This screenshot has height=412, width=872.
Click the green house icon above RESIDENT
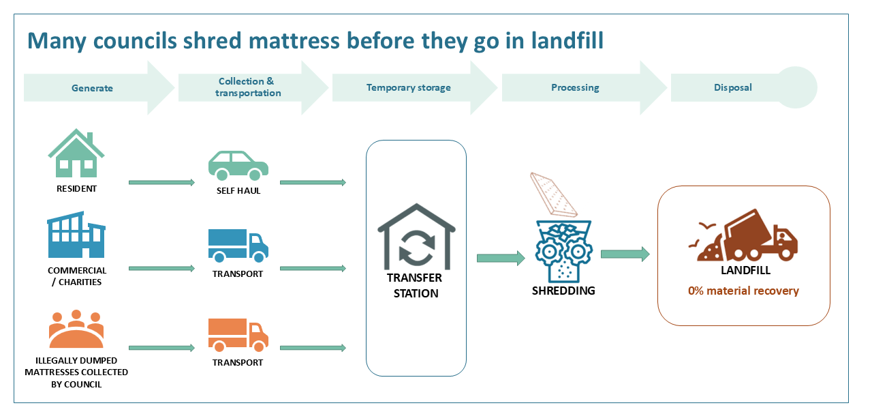(76, 155)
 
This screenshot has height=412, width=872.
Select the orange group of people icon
(76, 329)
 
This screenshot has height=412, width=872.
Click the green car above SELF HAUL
(238, 164)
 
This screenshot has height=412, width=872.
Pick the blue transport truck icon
(238, 246)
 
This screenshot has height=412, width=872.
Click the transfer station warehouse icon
(416, 236)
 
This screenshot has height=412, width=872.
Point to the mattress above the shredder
(555, 192)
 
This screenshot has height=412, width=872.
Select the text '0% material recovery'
(743, 291)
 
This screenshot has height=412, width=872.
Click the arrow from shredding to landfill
(625, 254)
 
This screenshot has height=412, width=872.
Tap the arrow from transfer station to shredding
(501, 258)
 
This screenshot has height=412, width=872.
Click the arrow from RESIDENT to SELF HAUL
(161, 182)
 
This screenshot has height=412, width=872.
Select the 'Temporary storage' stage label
(408, 87)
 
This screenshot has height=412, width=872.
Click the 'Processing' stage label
(575, 87)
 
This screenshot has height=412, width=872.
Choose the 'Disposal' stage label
(733, 87)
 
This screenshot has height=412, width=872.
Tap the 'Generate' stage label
(92, 88)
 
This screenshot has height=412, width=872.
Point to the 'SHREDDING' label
(563, 291)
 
